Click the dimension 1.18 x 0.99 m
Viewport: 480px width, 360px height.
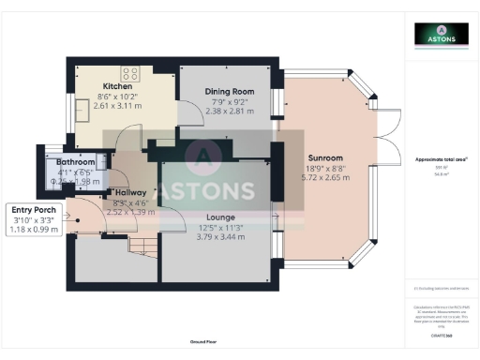click(x=33, y=228)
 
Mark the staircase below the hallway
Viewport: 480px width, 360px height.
click(x=142, y=247)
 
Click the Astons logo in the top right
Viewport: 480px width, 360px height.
click(x=442, y=35)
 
